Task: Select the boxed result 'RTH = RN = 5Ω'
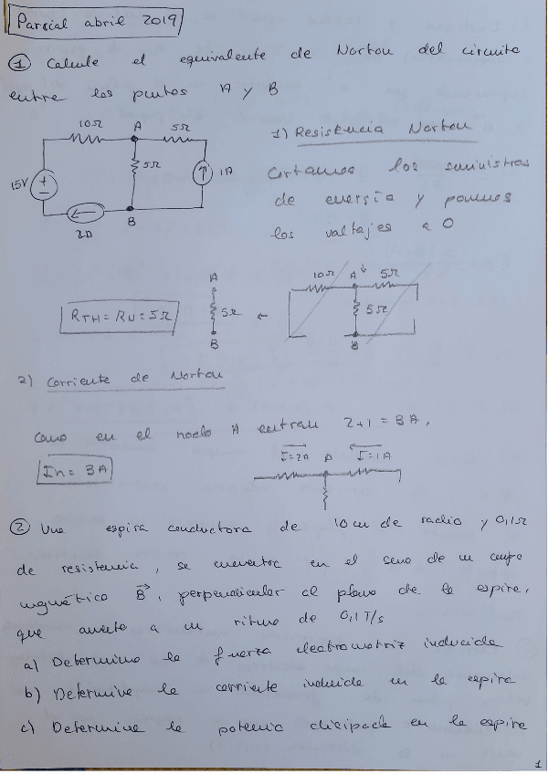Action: tap(121, 316)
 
